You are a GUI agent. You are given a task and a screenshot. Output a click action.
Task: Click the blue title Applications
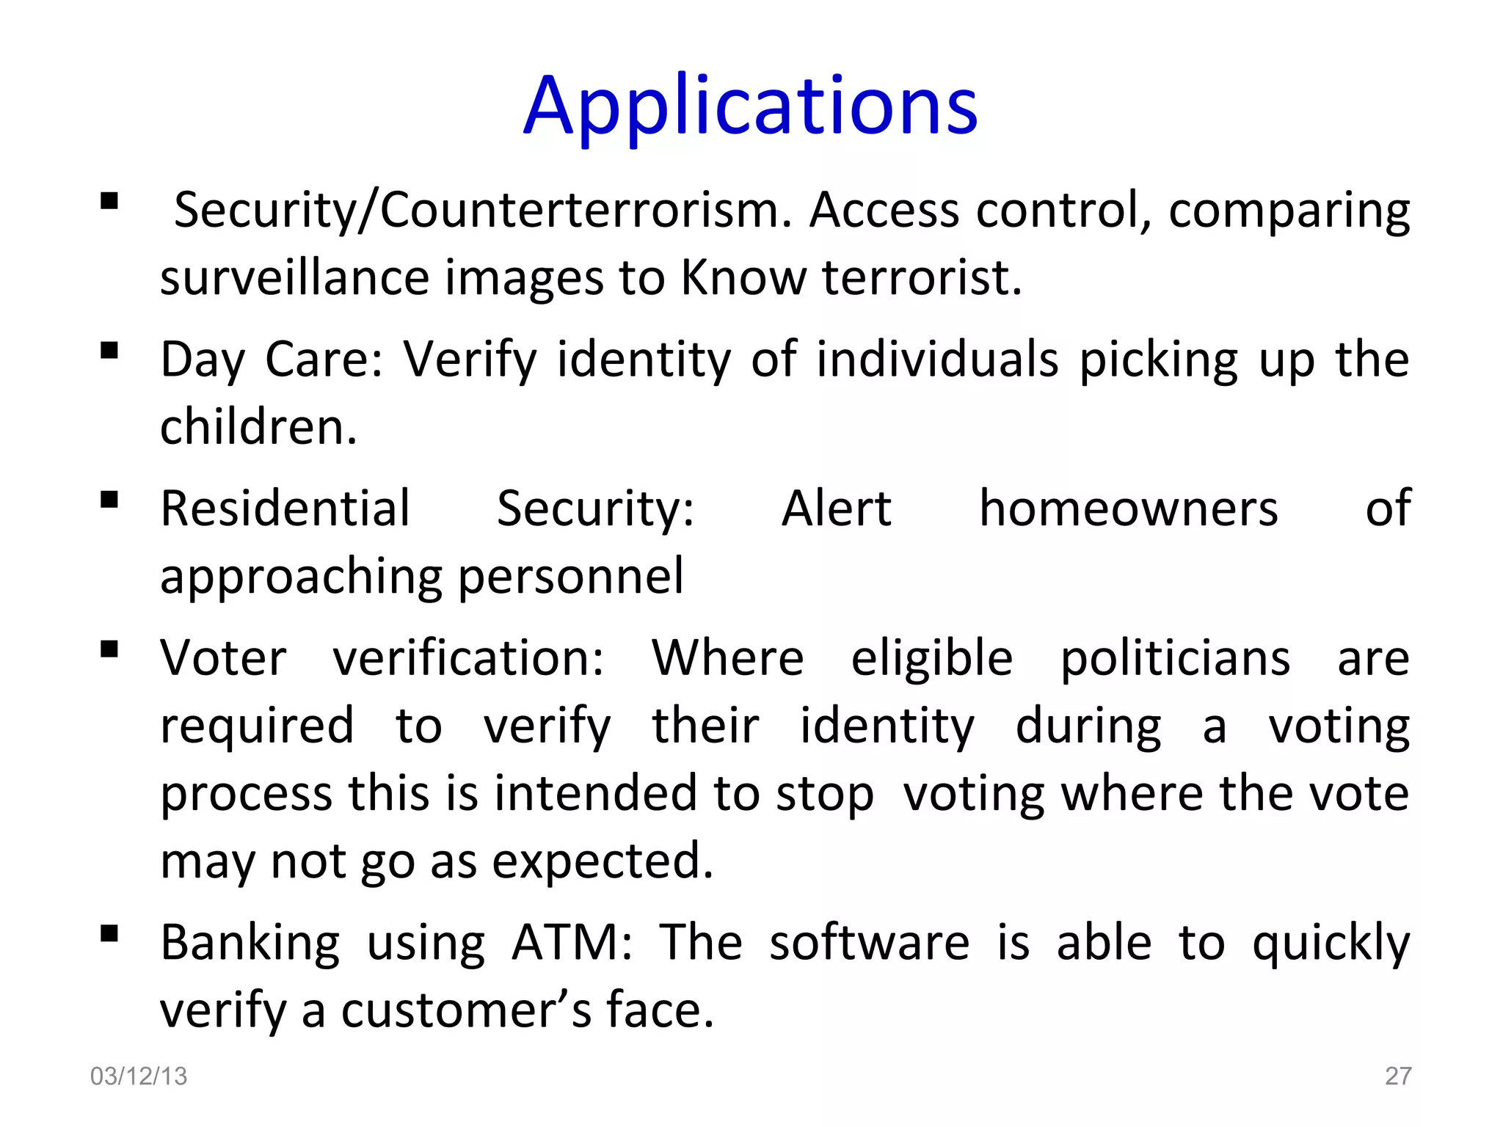click(x=750, y=107)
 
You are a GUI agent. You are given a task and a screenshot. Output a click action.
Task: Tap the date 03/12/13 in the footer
click(x=139, y=1076)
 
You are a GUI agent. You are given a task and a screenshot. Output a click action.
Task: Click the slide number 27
click(x=1397, y=1076)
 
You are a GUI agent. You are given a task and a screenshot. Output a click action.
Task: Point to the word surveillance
click(x=294, y=278)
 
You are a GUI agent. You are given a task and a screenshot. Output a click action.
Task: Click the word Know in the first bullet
click(x=743, y=278)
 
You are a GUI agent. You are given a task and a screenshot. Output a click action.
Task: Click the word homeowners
click(x=1128, y=508)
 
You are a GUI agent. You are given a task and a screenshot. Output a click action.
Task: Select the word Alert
click(x=836, y=508)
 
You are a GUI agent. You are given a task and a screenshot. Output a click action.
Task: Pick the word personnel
click(x=571, y=577)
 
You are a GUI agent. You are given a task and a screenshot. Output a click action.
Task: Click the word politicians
click(x=1175, y=658)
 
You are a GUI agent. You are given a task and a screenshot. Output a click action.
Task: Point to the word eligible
click(x=931, y=658)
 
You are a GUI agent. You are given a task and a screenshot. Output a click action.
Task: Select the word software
click(x=869, y=943)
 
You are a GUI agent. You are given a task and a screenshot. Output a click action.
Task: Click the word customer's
click(x=466, y=1011)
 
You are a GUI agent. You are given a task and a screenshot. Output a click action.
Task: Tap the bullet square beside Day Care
click(x=109, y=350)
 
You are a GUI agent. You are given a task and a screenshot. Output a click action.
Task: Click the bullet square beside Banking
click(x=109, y=933)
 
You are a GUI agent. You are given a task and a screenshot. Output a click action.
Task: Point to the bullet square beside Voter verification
click(x=109, y=649)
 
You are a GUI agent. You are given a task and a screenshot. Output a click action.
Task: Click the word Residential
click(x=285, y=508)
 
